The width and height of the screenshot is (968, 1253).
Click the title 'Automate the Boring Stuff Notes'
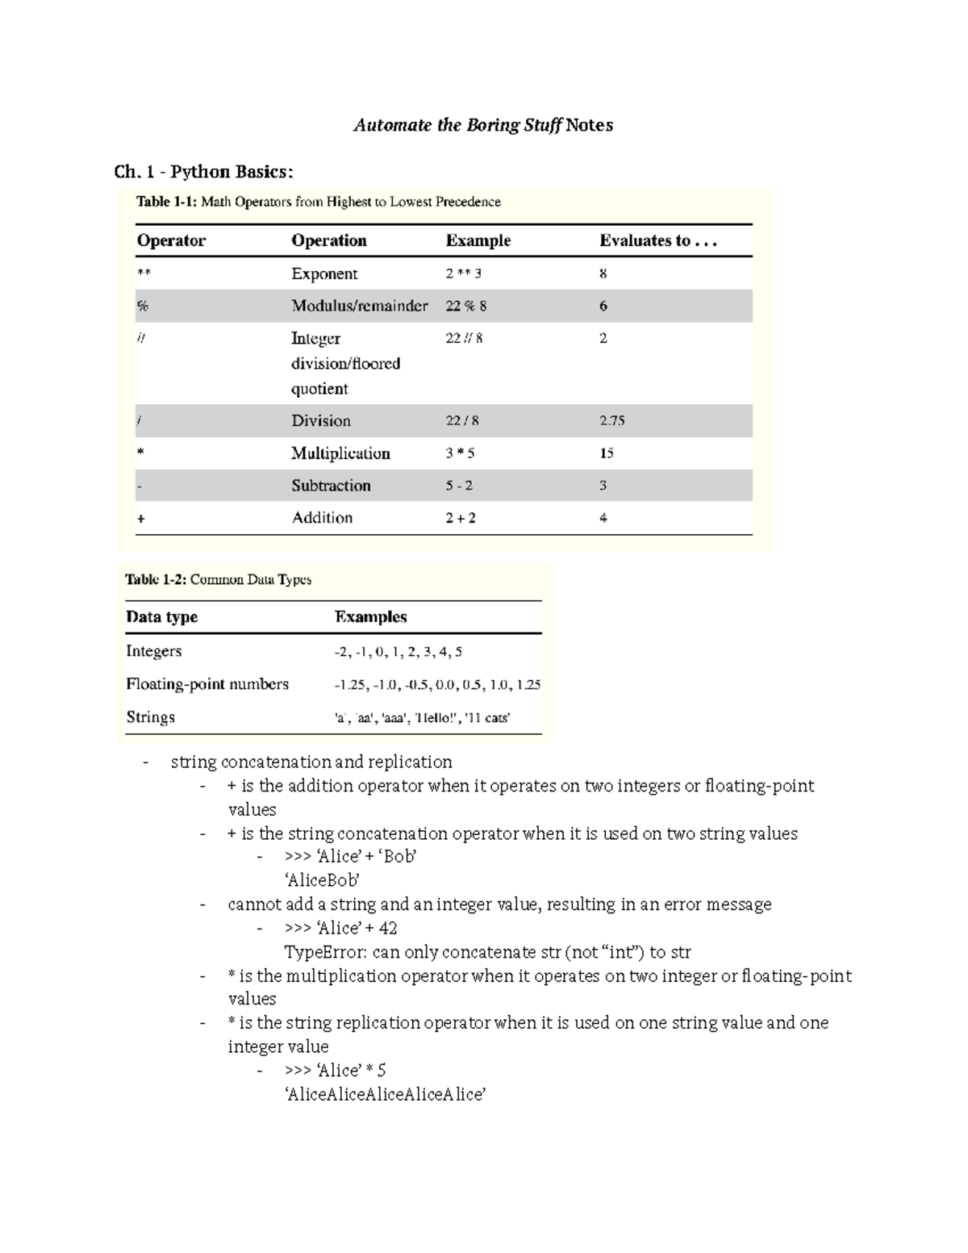(483, 125)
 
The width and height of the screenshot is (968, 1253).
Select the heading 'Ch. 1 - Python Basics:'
(204, 172)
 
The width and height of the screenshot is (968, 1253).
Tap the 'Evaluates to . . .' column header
(657, 240)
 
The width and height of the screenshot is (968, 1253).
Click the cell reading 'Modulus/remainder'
(359, 306)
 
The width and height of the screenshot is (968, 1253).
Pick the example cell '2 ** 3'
(464, 274)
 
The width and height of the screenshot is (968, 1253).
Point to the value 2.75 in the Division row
(611, 420)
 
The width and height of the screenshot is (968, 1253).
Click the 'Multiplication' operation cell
(340, 453)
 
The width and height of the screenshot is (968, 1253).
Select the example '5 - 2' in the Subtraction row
(459, 486)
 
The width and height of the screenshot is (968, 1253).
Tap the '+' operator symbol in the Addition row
(141, 519)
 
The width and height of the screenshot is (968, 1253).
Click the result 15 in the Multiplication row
(606, 453)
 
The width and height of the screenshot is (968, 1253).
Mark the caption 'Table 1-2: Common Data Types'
(218, 579)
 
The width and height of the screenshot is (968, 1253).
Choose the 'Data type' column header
(161, 617)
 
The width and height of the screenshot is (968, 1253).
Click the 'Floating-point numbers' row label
(207, 684)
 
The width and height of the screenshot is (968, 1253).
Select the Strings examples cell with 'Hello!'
(422, 717)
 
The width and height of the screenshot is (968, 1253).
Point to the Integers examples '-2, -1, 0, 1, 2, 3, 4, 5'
(398, 652)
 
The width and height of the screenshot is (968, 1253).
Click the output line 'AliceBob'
(322, 880)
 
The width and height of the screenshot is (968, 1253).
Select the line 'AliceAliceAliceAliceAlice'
(385, 1095)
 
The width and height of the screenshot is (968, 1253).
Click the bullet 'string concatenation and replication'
(311, 762)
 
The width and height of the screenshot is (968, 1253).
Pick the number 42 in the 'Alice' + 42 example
(387, 928)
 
